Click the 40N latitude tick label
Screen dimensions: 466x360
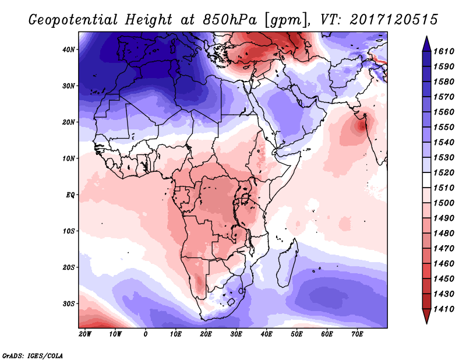click(x=68, y=50)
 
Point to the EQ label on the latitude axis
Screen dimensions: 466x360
click(x=70, y=195)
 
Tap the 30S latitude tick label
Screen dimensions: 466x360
click(x=68, y=303)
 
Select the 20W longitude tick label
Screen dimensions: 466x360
click(x=85, y=334)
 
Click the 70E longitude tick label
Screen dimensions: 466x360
click(x=357, y=334)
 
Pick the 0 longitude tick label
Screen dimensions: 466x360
click(x=145, y=334)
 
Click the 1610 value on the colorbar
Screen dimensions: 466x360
click(x=444, y=51)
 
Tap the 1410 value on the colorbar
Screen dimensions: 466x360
click(x=444, y=309)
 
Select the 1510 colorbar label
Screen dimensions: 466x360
click(x=444, y=188)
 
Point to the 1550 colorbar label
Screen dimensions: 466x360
click(x=444, y=127)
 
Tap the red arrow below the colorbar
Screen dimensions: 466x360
click(x=426, y=316)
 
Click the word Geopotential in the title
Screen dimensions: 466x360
click(x=73, y=20)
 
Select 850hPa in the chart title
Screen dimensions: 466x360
click(x=230, y=20)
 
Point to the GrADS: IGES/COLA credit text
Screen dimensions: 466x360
click(x=33, y=355)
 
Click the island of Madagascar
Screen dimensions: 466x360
click(x=287, y=264)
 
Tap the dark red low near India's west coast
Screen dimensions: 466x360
click(x=362, y=126)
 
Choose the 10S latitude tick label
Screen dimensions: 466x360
click(x=68, y=231)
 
